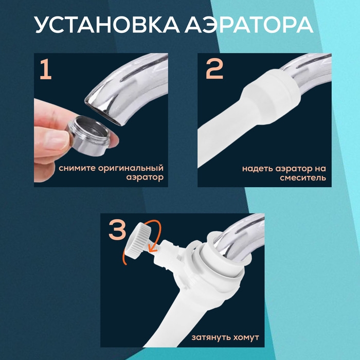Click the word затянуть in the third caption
[x=210, y=338]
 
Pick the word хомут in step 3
[x=245, y=338]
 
